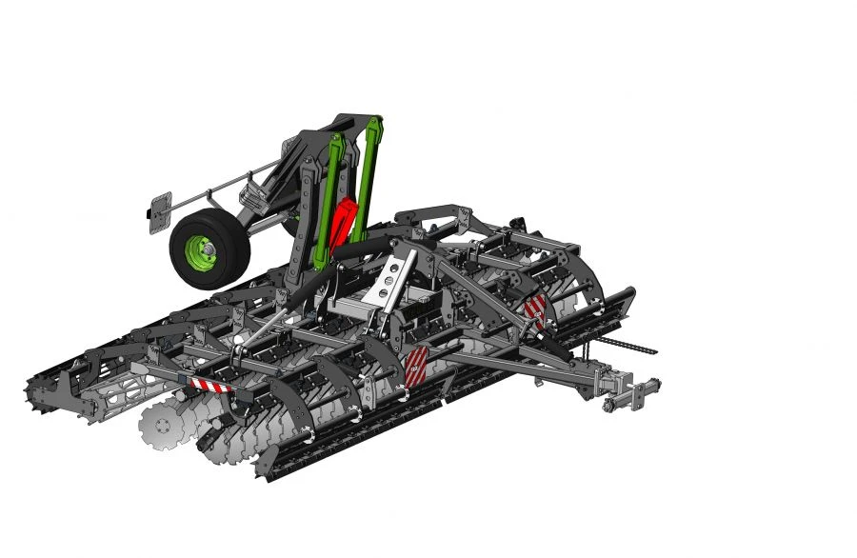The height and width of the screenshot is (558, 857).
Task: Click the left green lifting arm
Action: click(329, 195)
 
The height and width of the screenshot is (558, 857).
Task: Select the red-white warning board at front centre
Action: click(417, 368)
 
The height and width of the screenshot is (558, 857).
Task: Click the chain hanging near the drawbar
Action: click(624, 342)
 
